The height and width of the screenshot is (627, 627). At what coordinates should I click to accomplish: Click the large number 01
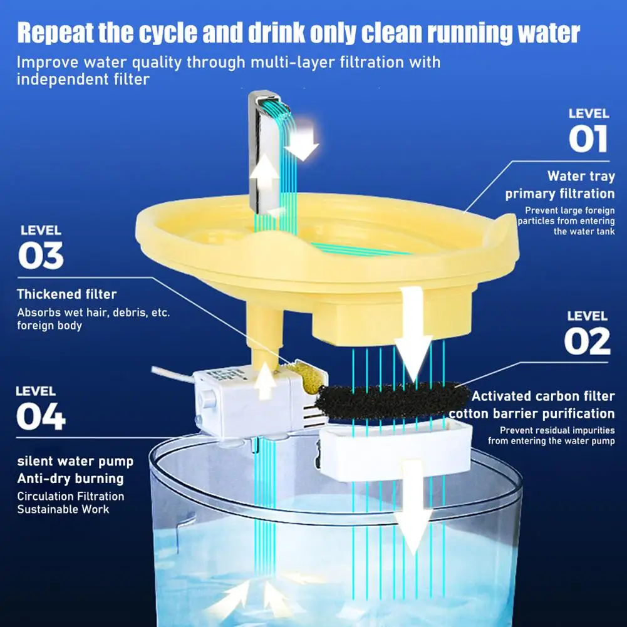pyautogui.click(x=588, y=139)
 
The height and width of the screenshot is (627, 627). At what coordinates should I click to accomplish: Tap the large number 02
pyautogui.click(x=588, y=341)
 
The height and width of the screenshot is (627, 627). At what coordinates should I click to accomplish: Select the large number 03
pyautogui.click(x=41, y=256)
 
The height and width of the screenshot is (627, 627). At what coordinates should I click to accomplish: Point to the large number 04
pyautogui.click(x=41, y=417)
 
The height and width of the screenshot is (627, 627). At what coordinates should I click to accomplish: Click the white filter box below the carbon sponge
pyautogui.click(x=396, y=450)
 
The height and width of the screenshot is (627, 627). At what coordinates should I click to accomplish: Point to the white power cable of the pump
pyautogui.click(x=172, y=375)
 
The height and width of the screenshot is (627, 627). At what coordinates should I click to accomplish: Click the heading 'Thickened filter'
pyautogui.click(x=67, y=294)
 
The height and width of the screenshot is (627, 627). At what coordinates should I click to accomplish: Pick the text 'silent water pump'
pyautogui.click(x=75, y=462)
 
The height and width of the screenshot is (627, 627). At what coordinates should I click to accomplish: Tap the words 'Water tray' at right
pyautogui.click(x=581, y=177)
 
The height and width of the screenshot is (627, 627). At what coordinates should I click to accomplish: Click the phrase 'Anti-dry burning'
pyautogui.click(x=70, y=479)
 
